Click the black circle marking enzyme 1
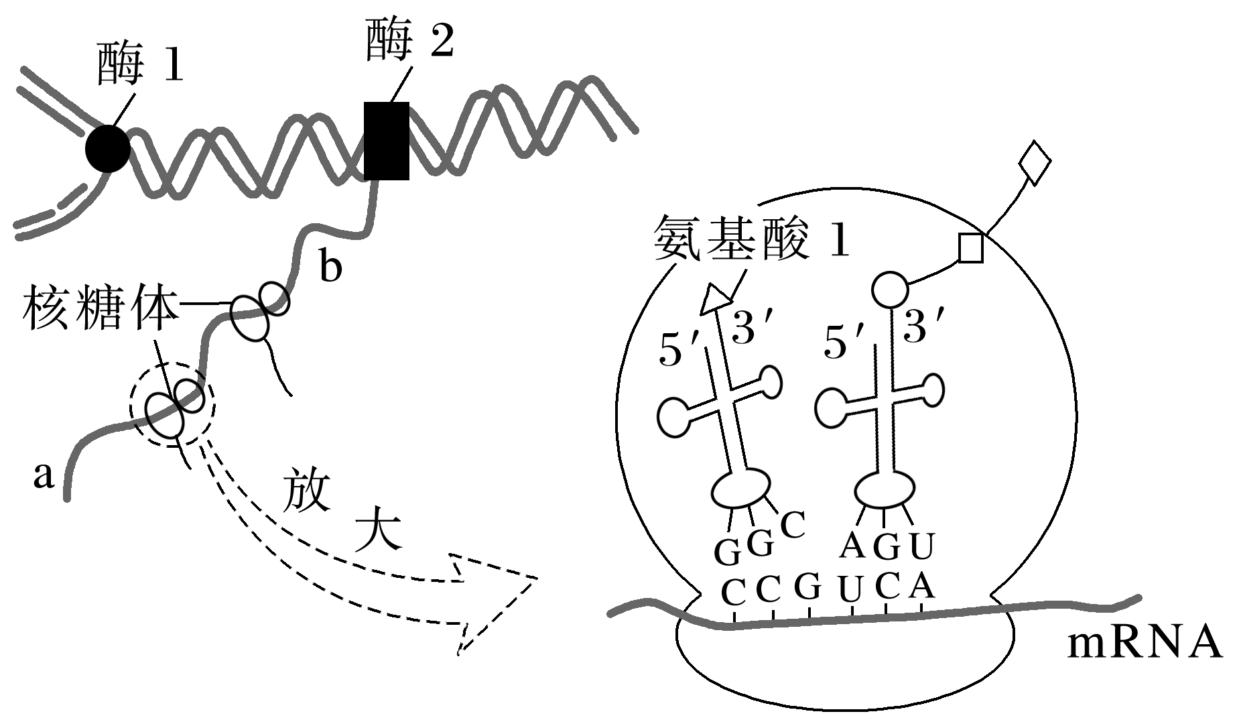click(x=108, y=148)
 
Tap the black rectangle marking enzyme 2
click(x=387, y=141)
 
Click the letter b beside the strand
click(x=330, y=267)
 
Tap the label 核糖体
click(x=101, y=310)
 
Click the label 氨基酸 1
click(x=753, y=239)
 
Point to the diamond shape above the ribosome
click(x=1034, y=162)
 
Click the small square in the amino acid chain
click(x=971, y=248)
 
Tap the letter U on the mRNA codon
click(x=850, y=591)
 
